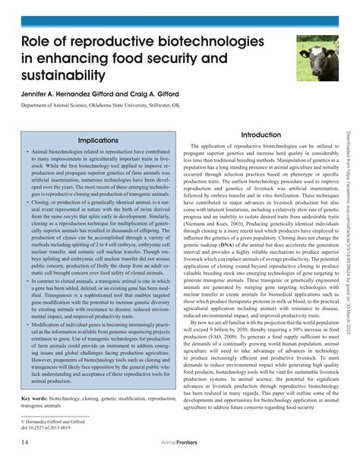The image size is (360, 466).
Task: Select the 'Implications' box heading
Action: (98, 141)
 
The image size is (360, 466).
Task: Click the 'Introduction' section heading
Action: (261, 135)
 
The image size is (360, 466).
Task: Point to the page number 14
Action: (24, 441)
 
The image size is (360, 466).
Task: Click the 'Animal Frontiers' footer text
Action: (179, 441)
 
